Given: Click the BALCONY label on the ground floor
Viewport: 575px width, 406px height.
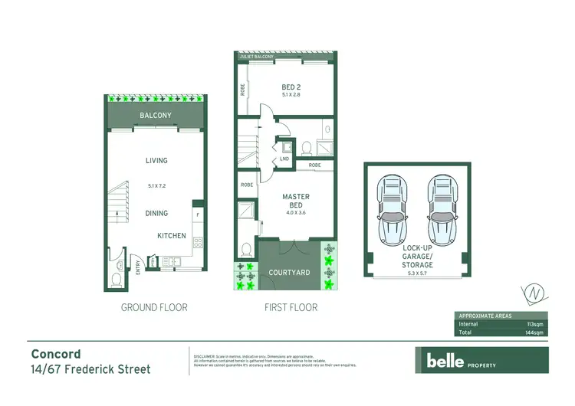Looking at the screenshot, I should pyautogui.click(x=155, y=116).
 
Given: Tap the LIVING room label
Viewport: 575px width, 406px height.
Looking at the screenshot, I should pyautogui.click(x=156, y=161).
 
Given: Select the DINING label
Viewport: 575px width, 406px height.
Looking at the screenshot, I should pyautogui.click(x=156, y=214).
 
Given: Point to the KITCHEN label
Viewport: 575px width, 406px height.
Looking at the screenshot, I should pyautogui.click(x=172, y=236).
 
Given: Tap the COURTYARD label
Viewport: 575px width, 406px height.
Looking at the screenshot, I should pyautogui.click(x=289, y=273).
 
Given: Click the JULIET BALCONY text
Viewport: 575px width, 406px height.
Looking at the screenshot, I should pyautogui.click(x=254, y=57).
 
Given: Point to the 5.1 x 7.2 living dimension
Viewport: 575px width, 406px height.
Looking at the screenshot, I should pyautogui.click(x=156, y=185).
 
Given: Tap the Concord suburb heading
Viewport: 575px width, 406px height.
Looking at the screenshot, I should pyautogui.click(x=56, y=354).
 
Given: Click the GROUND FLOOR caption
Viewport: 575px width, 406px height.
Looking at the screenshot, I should pyautogui.click(x=154, y=307).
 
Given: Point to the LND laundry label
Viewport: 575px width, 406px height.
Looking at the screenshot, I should pyautogui.click(x=284, y=159).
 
